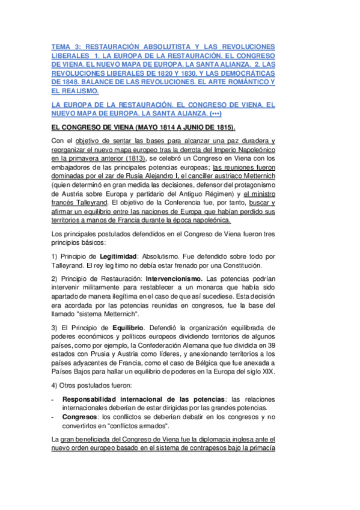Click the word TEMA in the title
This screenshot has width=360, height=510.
(61, 47)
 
